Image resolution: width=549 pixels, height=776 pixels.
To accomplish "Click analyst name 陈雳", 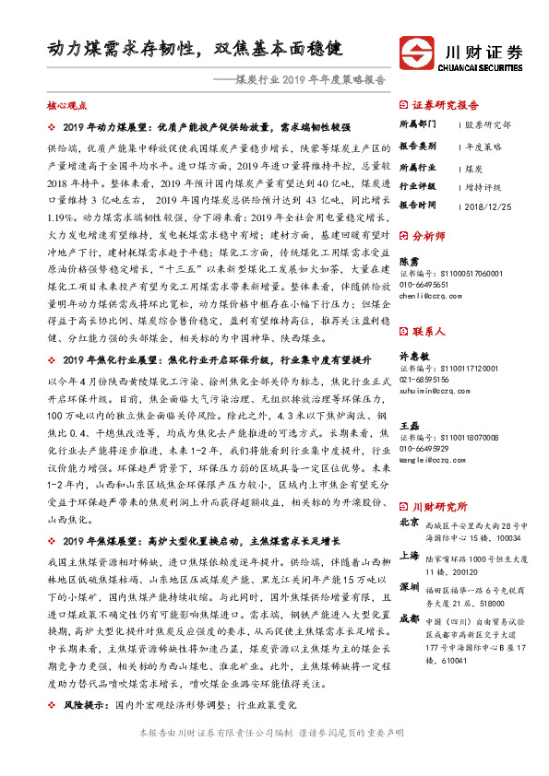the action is (409, 261).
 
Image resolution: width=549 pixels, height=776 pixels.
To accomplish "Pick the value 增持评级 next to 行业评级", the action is (483, 186).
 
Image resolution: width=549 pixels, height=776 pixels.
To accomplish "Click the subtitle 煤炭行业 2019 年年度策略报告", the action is (310, 79).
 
